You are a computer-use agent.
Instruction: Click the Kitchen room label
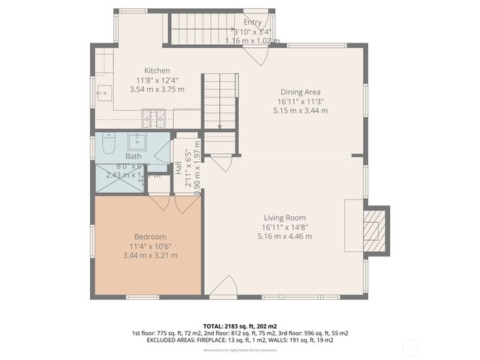click(157, 70)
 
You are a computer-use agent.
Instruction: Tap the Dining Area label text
click(300, 91)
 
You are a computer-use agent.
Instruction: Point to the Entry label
click(252, 22)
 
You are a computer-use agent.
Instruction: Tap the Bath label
click(133, 156)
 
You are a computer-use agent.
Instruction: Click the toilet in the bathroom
click(106, 142)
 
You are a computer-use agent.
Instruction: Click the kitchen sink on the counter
click(103, 93)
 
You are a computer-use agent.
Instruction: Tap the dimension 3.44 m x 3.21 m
click(150, 255)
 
